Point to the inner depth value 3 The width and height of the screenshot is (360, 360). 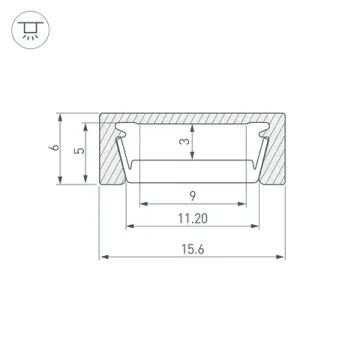[x=184, y=143]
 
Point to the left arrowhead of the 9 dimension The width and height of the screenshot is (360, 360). [x=141, y=200]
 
